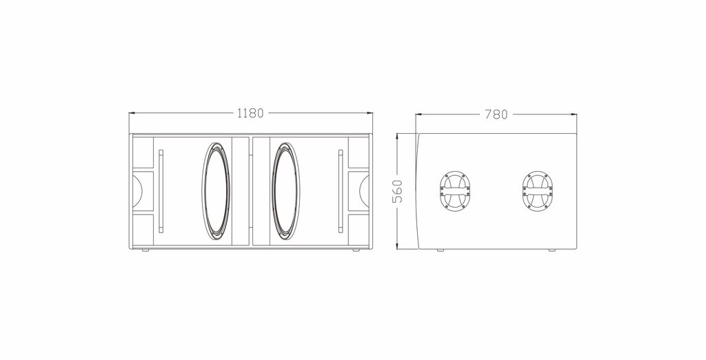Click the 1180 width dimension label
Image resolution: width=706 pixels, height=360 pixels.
click(250, 113)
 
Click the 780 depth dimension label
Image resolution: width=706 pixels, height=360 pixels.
click(496, 114)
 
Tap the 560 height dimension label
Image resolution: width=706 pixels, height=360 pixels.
click(398, 192)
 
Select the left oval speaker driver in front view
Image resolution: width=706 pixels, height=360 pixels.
click(216, 192)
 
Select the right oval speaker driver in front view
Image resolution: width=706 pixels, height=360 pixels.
click(285, 192)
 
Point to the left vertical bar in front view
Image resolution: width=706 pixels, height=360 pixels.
click(161, 192)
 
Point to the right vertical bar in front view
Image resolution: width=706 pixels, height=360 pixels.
click(341, 192)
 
